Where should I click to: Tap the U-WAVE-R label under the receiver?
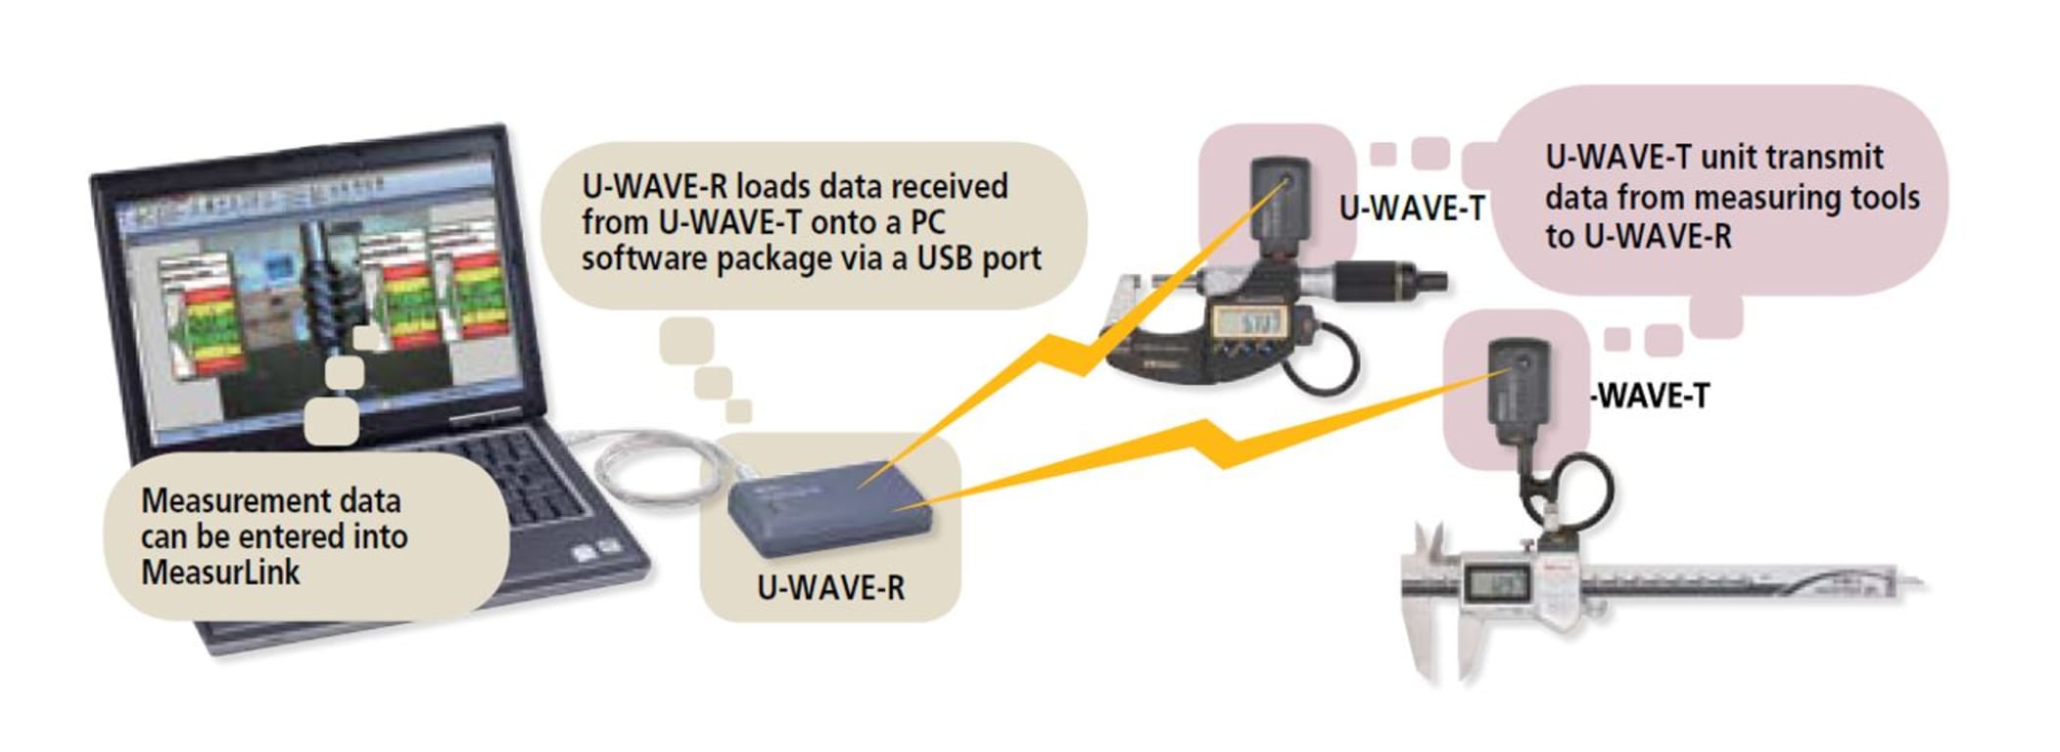(x=830, y=587)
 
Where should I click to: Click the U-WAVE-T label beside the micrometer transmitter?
(x=1411, y=208)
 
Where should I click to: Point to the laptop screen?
(x=323, y=294)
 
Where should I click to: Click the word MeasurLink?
(x=220, y=572)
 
